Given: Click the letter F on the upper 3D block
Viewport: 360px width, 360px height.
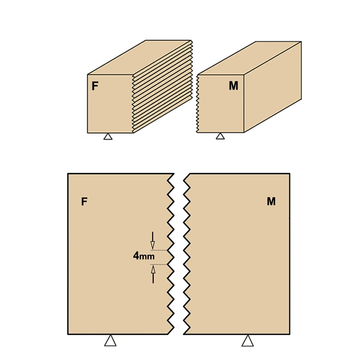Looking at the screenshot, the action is (95, 86).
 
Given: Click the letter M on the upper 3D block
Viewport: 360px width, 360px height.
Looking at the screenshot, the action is (234, 86).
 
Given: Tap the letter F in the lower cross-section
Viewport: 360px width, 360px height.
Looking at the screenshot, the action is (84, 202).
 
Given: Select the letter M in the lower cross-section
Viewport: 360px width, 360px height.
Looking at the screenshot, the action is (271, 201).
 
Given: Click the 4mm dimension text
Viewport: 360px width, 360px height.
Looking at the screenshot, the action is (144, 256).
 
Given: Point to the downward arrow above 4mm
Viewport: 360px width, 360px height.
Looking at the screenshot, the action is (152, 240).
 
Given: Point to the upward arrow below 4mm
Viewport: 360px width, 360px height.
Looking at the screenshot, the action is (153, 274).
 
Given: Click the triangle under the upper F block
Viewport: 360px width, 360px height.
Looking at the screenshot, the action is (108, 136).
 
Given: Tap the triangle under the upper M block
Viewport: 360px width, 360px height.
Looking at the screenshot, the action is (220, 136).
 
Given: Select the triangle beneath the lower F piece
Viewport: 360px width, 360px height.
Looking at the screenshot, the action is (110, 341).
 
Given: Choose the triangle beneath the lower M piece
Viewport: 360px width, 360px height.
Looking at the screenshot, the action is (248, 341).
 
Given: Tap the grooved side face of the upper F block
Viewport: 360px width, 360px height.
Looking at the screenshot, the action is (162, 86).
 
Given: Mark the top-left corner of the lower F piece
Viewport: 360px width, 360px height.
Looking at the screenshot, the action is (68, 174).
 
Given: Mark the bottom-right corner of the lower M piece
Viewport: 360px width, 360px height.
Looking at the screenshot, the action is (289, 334).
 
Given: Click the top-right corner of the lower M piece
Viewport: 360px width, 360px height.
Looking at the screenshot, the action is (289, 174).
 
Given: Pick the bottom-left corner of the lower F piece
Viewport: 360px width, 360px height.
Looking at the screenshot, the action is (68, 334).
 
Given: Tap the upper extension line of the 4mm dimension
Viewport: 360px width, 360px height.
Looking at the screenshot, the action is (159, 250).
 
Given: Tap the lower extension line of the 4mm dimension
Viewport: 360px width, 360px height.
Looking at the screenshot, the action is (159, 265).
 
